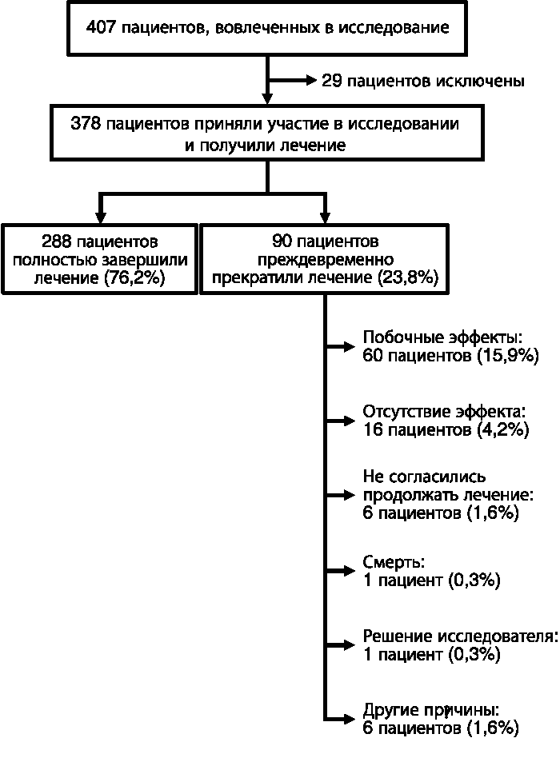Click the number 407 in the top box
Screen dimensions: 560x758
pos(101,27)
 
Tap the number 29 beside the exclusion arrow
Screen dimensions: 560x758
pos(332,81)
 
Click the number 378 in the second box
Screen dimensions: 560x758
pos(86,124)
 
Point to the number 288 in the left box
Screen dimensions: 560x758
pos(56,241)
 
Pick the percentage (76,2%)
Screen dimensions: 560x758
pos(134,278)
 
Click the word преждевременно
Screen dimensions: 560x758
pos(325,260)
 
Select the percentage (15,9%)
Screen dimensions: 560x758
pos(508,356)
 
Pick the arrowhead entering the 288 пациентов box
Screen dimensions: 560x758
pos(100,217)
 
